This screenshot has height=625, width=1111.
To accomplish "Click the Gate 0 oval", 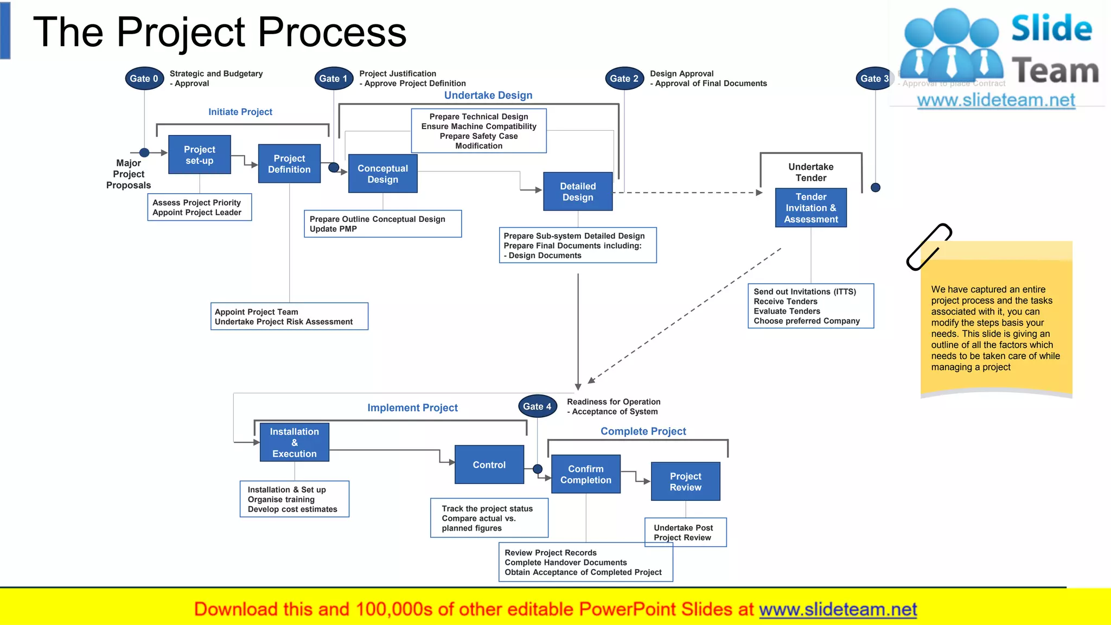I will coord(144,79).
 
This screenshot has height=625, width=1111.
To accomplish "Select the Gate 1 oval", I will coord(333,79).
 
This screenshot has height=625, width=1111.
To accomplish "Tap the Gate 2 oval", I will coord(624,79).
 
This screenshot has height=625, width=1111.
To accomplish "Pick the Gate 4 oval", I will coord(537,406).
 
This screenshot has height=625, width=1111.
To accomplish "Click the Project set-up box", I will coord(200,155).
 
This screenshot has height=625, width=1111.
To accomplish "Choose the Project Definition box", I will coord(289,164).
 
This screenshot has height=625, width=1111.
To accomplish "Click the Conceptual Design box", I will coord(382,174).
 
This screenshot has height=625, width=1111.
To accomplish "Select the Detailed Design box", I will coord(578,192).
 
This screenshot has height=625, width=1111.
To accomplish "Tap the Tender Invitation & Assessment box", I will coord(811,208).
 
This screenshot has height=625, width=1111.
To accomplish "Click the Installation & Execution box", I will coord(294,443).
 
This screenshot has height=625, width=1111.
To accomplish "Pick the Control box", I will coord(489,465).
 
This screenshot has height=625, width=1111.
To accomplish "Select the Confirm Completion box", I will coord(585,474).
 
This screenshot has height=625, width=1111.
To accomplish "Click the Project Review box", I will coord(685,482).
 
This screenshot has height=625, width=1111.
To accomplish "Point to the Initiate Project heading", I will coord(240,112).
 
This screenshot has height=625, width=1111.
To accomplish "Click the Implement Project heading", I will coord(412,407).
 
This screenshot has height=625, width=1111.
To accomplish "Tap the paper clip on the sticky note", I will coord(928,247).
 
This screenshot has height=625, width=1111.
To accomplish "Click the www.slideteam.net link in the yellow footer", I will coord(838,609).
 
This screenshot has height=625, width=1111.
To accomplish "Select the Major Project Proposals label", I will coord(129,174).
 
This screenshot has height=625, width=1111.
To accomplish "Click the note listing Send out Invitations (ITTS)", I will coord(810,306).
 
